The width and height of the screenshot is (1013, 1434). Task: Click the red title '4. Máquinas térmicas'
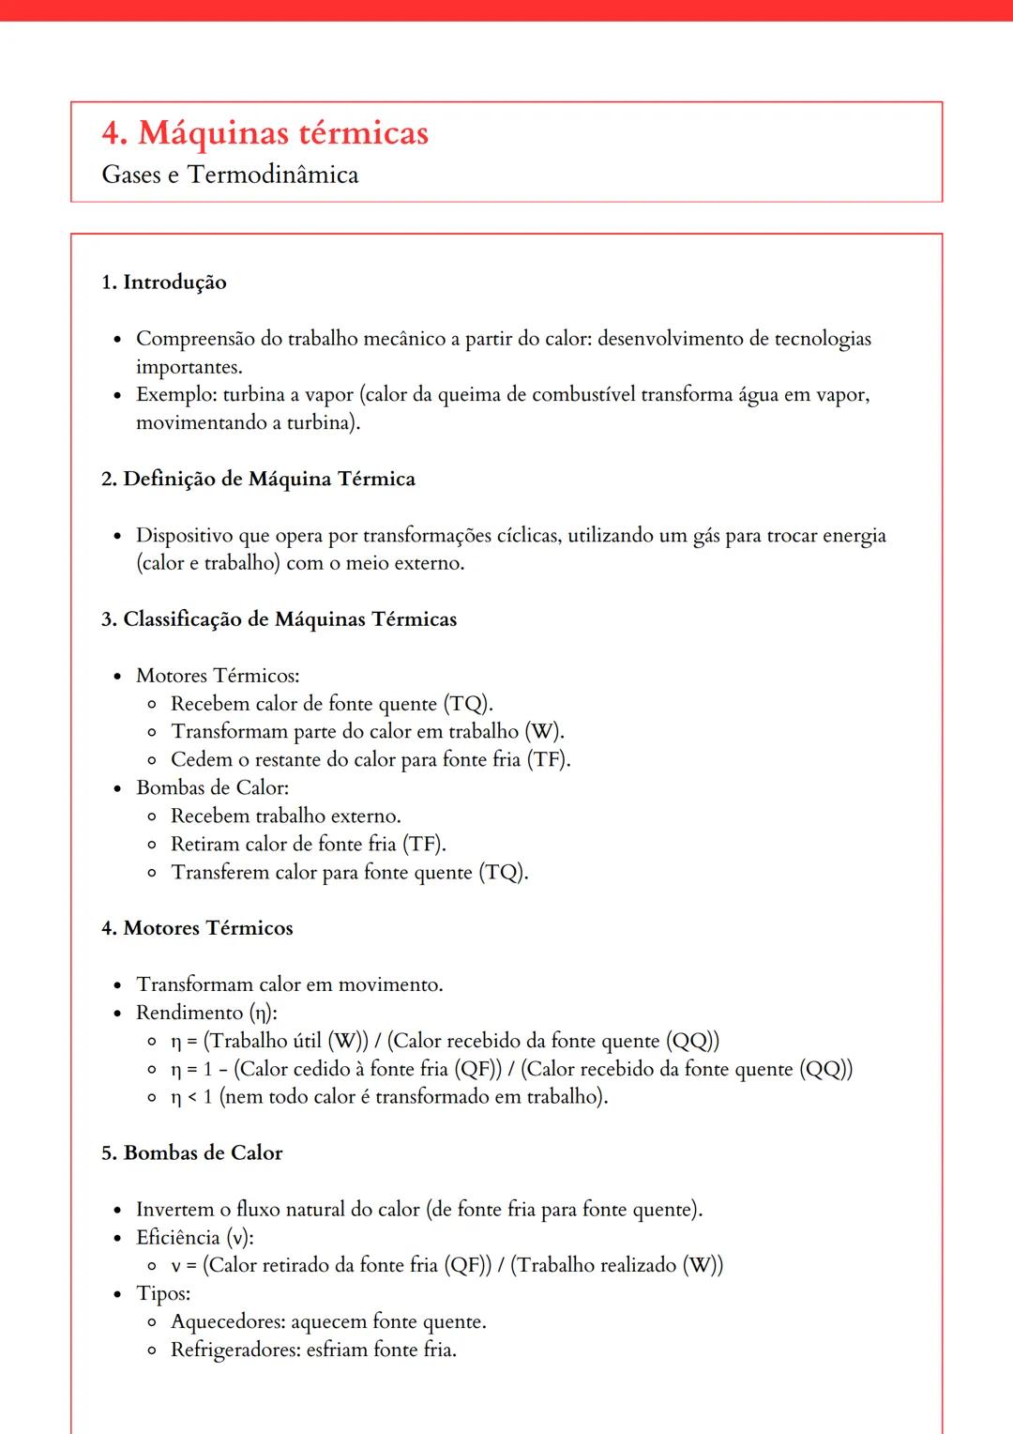[x=265, y=133]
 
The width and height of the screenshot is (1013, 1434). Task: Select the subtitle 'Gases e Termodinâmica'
[x=230, y=175]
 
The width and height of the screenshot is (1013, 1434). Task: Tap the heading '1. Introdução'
[x=163, y=282]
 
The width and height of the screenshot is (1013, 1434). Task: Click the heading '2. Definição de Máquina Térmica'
[x=258, y=480]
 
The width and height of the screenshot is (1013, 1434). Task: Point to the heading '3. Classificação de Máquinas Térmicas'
[x=279, y=619]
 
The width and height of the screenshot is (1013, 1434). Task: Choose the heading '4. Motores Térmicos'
[x=197, y=928]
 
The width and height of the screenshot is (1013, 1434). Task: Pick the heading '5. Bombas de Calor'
[x=191, y=1153]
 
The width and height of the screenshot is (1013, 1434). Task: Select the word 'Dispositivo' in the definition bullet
[x=185, y=536]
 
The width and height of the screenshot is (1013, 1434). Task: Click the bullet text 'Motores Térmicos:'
[x=218, y=676]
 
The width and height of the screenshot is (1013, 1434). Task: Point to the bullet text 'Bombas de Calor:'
[x=212, y=788]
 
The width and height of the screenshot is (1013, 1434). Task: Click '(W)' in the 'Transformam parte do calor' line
[x=543, y=732]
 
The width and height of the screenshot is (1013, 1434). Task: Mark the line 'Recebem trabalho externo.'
[x=285, y=816]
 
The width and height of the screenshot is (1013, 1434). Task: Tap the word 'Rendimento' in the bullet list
[x=189, y=1013]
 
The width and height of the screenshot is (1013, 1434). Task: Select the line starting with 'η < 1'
[x=388, y=1097]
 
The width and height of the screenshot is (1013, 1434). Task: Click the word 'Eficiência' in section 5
[x=177, y=1238]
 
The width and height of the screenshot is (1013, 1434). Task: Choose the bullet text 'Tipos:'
[x=163, y=1294]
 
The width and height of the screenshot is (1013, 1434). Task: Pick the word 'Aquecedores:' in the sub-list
[x=228, y=1322]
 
